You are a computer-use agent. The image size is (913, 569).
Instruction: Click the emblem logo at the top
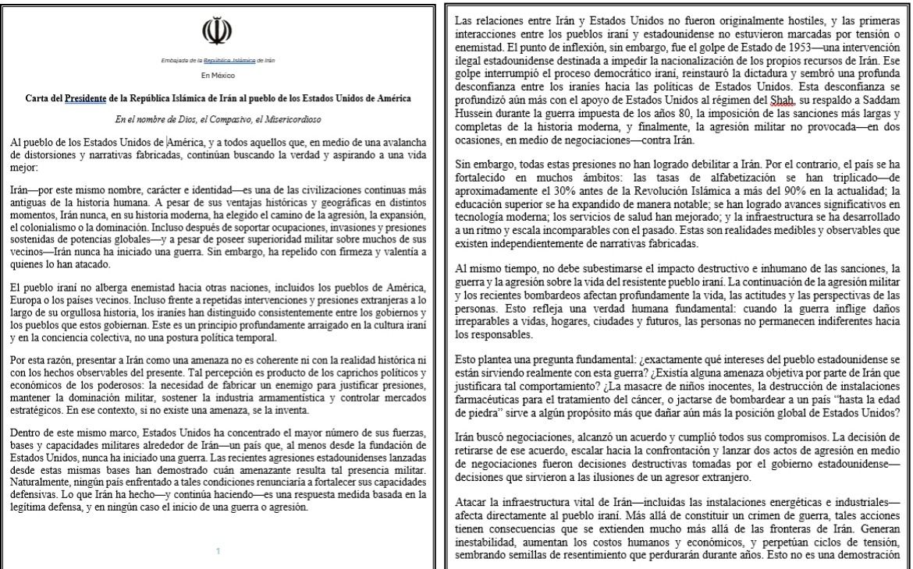click(x=218, y=33)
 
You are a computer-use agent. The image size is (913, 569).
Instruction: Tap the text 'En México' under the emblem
click(x=218, y=76)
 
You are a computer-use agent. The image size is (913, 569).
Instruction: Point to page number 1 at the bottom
click(x=218, y=551)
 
